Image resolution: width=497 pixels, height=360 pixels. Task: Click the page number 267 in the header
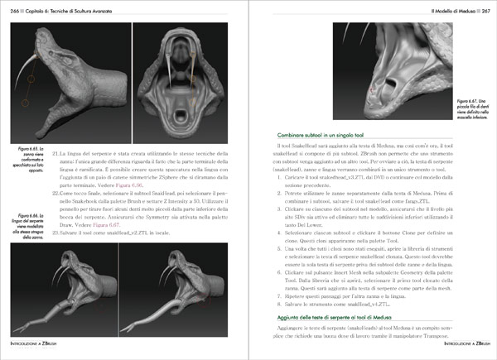point(487,7)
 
